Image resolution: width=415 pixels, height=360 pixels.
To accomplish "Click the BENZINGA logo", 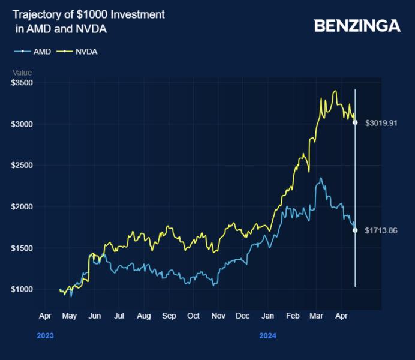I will point(357,26).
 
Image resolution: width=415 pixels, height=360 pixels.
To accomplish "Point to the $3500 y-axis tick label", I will point(22,83).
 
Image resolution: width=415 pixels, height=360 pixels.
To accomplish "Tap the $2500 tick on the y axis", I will point(22,166).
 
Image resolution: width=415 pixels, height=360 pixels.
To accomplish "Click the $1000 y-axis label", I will point(22,290).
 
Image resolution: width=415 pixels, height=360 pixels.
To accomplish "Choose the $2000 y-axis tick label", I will point(22,207).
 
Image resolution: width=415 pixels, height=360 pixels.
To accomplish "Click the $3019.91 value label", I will point(381,123).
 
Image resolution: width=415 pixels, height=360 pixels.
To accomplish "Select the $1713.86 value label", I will point(381,230).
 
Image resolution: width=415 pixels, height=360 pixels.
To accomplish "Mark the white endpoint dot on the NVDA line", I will point(356,122).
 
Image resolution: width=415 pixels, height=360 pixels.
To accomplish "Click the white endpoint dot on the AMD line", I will point(356,230).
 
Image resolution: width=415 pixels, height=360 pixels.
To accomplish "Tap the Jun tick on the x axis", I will point(94,315).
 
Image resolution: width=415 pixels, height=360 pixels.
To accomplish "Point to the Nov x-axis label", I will point(218,315).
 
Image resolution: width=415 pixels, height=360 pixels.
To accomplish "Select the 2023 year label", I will point(45,336).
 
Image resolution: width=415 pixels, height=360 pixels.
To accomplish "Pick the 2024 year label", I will point(267,336).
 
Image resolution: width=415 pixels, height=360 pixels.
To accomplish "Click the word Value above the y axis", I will point(22,73).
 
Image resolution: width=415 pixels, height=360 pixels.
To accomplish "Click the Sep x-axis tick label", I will point(169,315).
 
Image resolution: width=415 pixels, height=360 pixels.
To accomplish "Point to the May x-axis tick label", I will point(70,315).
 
